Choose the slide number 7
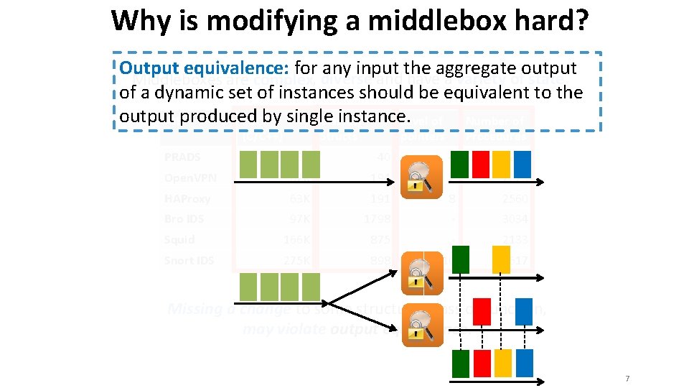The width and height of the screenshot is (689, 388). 627,378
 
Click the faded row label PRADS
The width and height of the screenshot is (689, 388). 182,157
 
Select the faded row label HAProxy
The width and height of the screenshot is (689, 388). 187,199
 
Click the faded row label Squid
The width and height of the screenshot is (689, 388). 179,240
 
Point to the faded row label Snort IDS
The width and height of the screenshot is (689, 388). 189,261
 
